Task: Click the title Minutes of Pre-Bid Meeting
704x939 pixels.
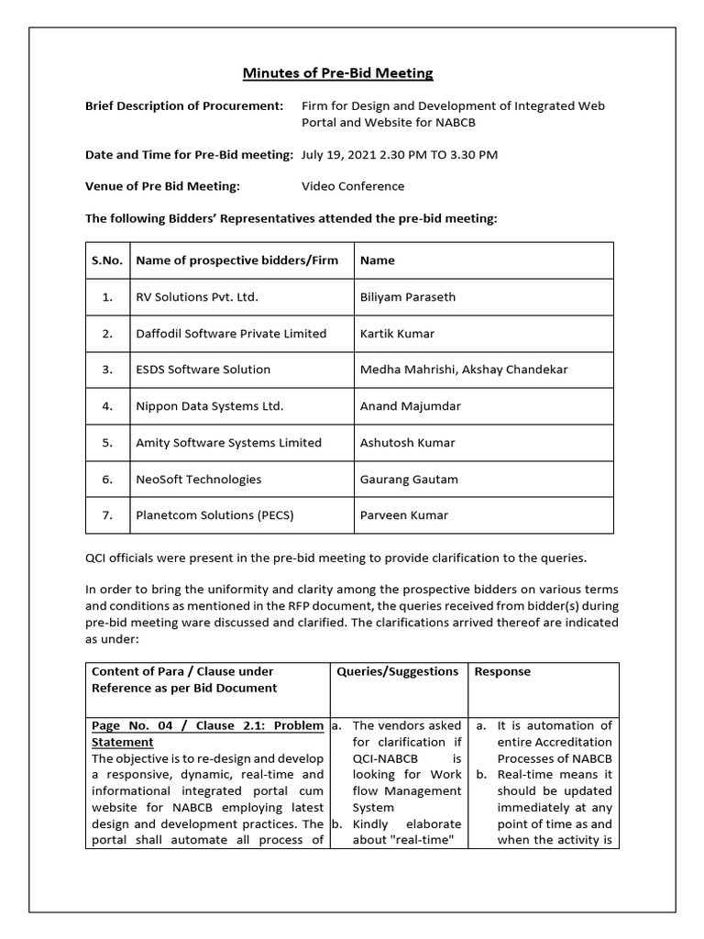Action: point(337,73)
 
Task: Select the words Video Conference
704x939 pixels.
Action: point(353,186)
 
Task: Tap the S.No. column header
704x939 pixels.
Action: point(107,260)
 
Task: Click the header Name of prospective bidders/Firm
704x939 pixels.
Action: point(236,260)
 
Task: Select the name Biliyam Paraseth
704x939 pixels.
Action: point(408,297)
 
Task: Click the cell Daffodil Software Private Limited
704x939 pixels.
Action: point(231,334)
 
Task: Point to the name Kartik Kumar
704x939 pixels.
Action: point(397,334)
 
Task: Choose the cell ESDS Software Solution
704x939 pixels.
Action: point(203,370)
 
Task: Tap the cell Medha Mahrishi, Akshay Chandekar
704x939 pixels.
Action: point(464,370)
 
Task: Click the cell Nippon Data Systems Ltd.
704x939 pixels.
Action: point(209,406)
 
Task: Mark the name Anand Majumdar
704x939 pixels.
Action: point(411,406)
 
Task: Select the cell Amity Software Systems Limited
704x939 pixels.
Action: point(228,443)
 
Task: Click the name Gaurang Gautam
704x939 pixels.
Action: point(409,479)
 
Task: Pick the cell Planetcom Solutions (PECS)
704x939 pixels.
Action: point(214,515)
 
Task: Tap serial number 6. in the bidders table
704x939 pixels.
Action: point(107,479)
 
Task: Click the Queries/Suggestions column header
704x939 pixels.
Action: point(397,671)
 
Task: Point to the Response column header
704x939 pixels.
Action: point(502,671)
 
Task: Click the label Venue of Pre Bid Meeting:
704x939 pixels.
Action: point(162,186)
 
